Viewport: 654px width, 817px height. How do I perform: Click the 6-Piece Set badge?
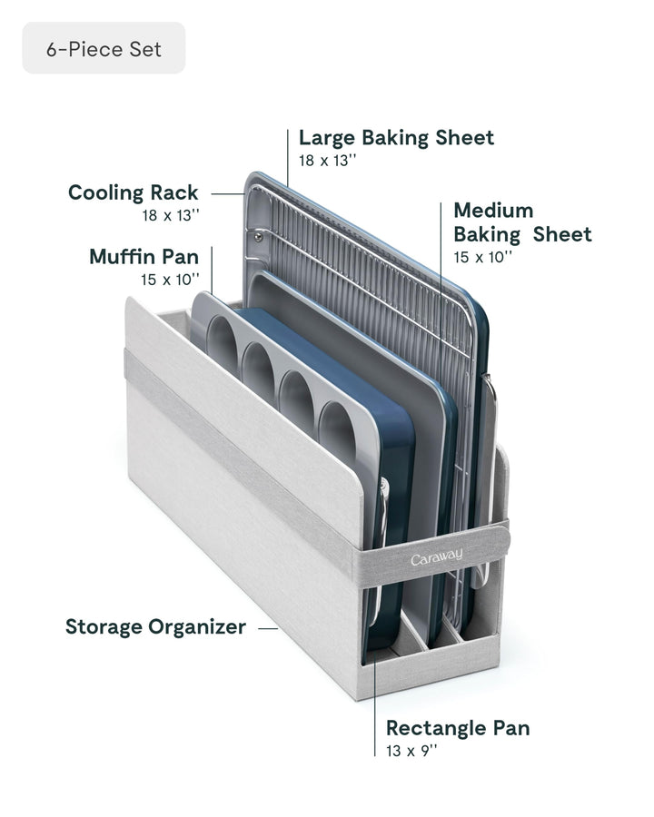coord(104,49)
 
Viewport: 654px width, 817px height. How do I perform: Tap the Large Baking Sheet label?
coord(396,138)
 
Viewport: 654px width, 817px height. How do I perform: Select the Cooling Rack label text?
coord(133,192)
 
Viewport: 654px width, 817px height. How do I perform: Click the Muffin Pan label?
coord(144,257)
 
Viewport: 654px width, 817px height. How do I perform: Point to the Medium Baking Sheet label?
coord(521,222)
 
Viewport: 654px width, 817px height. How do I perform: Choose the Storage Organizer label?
coord(155,627)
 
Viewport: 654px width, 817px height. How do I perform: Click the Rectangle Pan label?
coord(458,728)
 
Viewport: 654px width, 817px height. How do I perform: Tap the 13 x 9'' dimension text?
coord(412,751)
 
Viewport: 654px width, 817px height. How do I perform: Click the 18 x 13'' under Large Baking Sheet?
coord(328,161)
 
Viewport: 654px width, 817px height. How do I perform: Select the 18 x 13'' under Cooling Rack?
coord(170,215)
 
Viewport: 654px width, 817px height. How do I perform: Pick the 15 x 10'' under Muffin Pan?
coord(170,280)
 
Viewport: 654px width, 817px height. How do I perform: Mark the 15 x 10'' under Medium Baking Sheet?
coord(482,257)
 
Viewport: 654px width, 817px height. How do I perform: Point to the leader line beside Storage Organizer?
coord(267,627)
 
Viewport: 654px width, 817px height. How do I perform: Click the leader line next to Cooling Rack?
coord(227,192)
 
